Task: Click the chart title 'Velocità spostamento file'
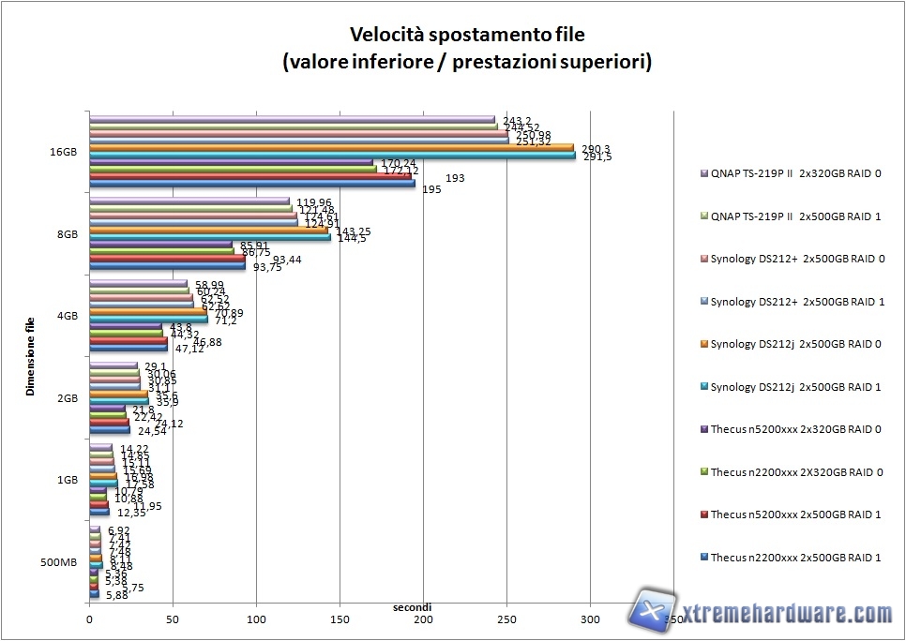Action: pos(466,35)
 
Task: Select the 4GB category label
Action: pos(68,316)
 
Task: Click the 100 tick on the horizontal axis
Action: pos(256,619)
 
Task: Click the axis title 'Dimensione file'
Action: pos(31,356)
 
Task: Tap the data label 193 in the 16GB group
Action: pos(454,178)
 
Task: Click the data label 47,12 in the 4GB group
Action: pos(189,350)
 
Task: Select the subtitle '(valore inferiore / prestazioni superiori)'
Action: pos(466,63)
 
